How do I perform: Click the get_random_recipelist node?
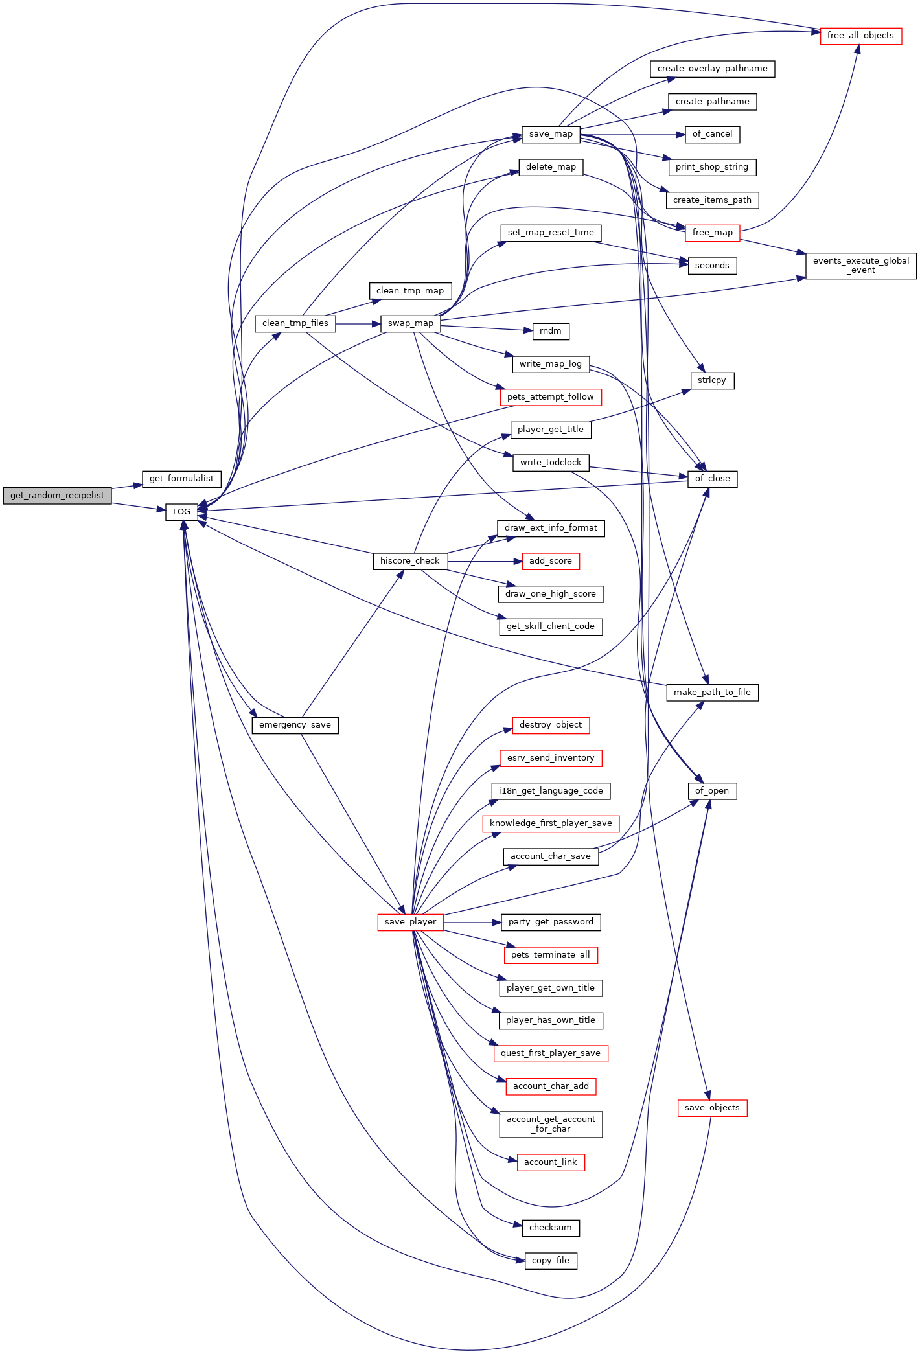(57, 496)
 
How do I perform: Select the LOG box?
(181, 512)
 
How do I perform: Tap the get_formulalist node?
(181, 479)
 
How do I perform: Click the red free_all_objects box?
(860, 36)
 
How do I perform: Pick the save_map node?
(551, 134)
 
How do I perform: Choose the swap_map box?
(411, 323)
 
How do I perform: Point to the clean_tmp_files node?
(295, 323)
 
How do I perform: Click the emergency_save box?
(295, 725)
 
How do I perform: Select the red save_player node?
(411, 922)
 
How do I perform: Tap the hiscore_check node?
(410, 561)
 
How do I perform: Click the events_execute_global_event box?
(861, 266)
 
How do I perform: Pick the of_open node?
(712, 791)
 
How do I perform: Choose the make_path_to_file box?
(712, 693)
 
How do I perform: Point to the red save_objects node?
(712, 1108)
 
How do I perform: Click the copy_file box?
(551, 1261)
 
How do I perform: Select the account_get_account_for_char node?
(551, 1124)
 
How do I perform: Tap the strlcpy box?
(712, 380)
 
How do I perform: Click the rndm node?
(551, 331)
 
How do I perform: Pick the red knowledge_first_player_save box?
(551, 823)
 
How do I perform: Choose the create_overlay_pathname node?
(713, 69)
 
